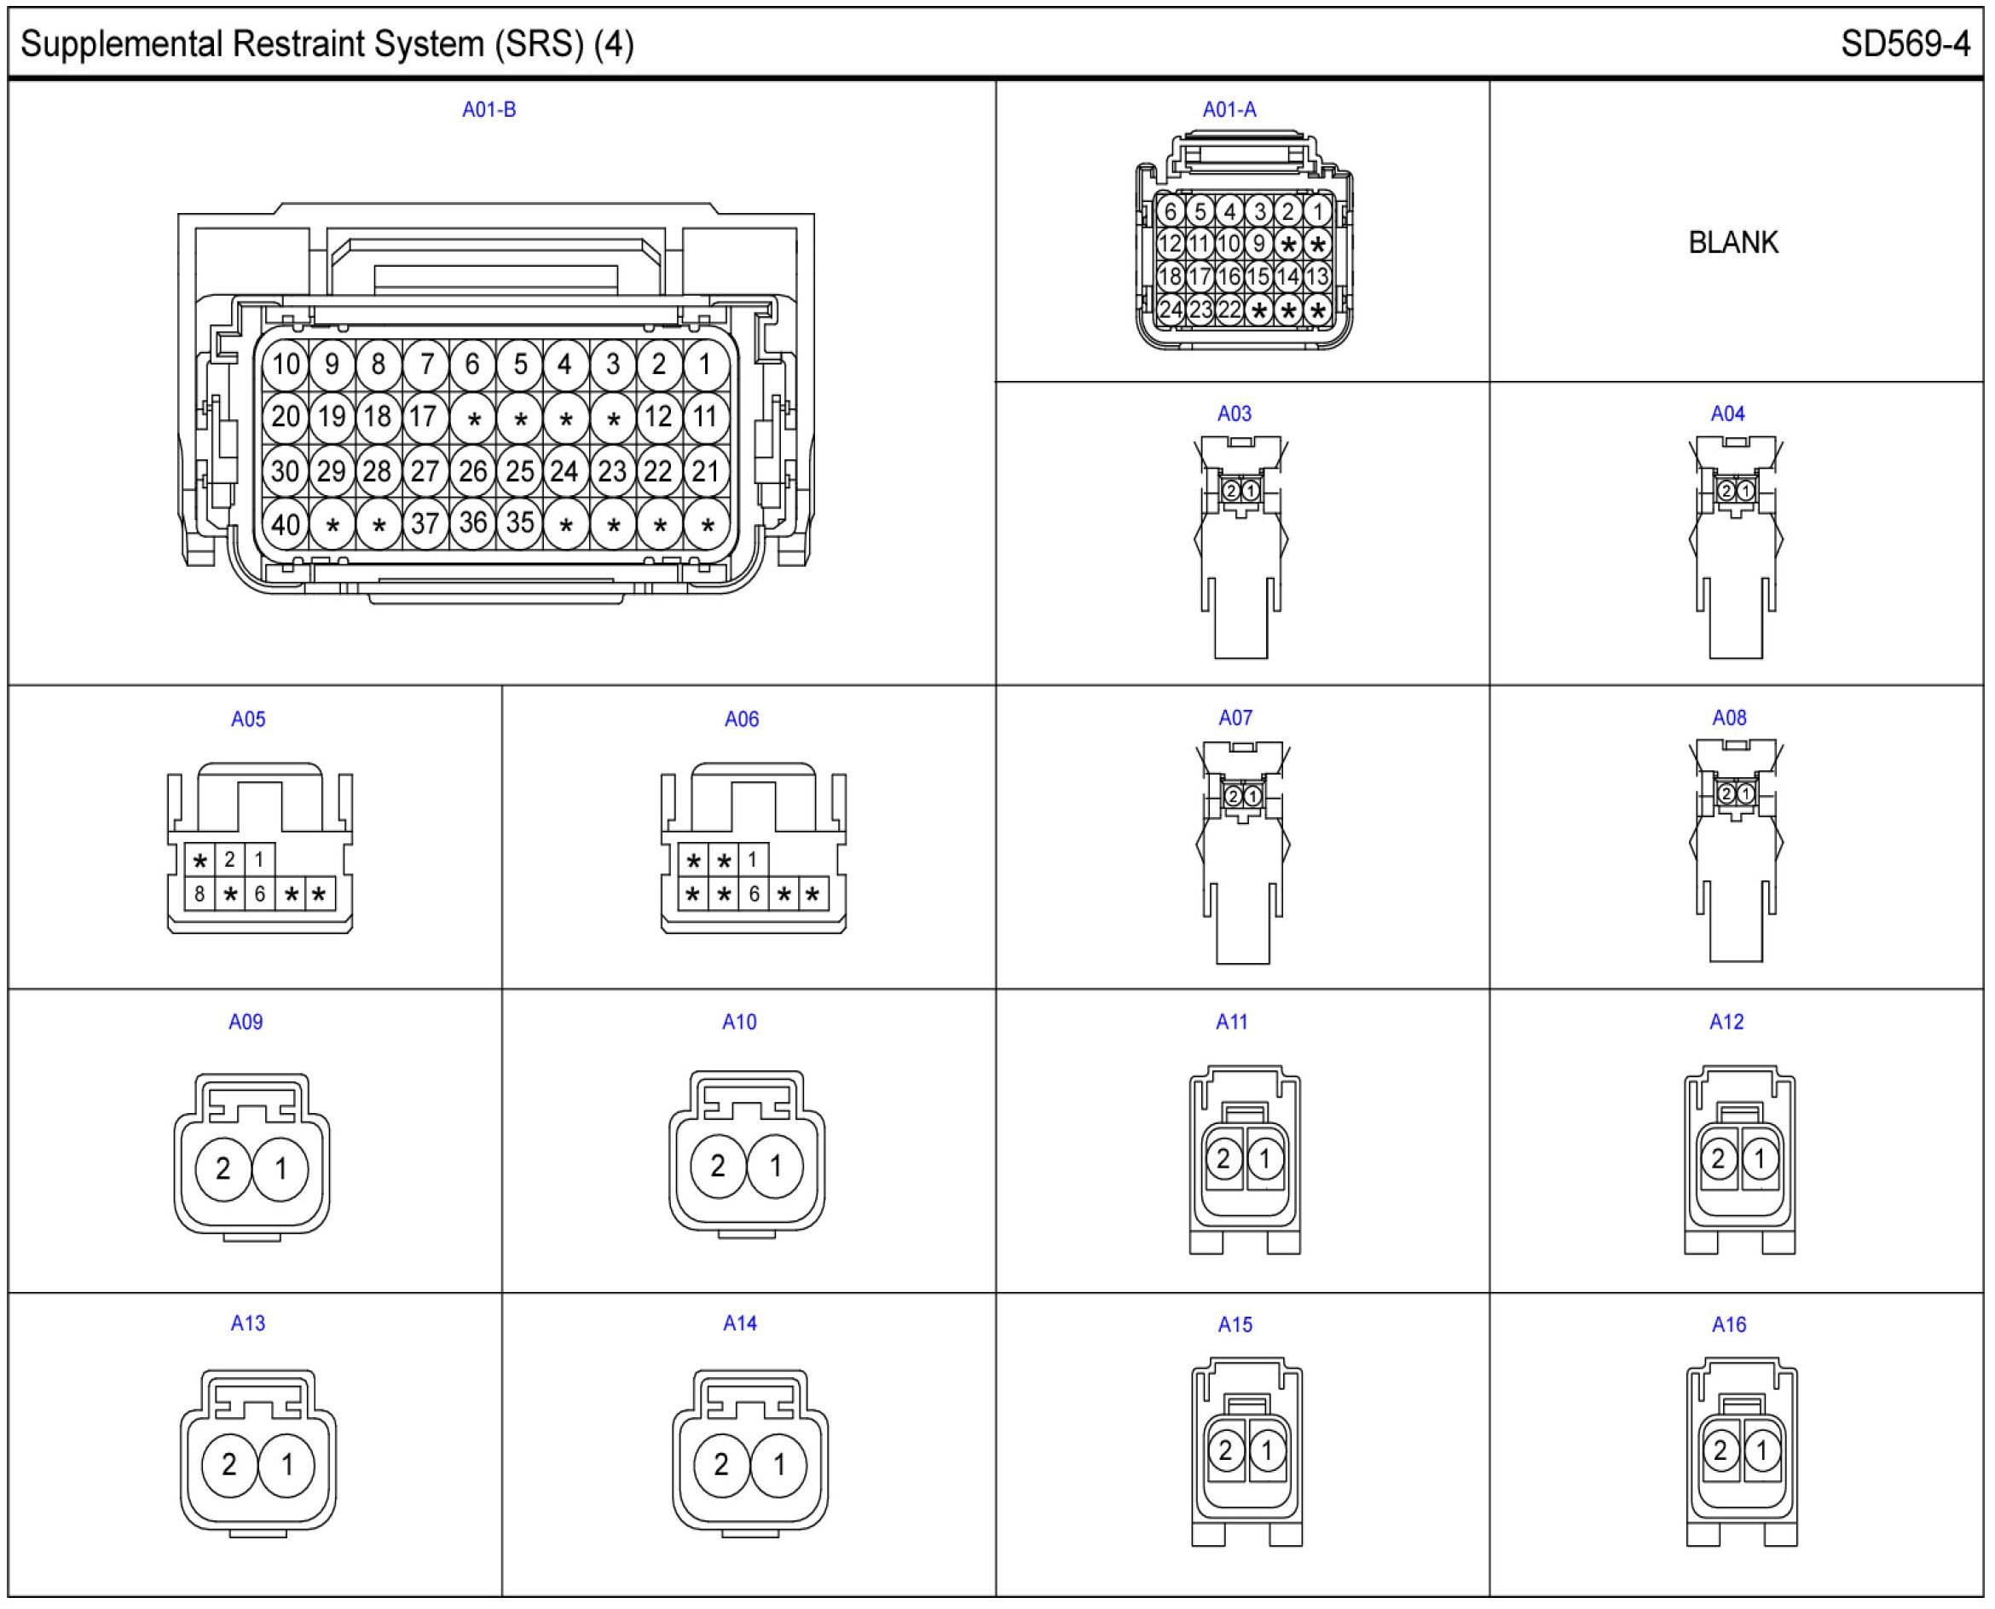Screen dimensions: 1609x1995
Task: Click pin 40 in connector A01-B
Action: [x=286, y=526]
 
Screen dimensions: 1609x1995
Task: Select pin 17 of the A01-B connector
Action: [x=424, y=417]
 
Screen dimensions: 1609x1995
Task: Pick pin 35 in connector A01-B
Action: [x=519, y=523]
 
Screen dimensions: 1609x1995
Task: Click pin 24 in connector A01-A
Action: [x=1170, y=309]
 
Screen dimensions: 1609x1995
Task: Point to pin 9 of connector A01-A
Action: [x=1258, y=244]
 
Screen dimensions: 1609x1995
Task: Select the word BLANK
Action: [x=1732, y=243]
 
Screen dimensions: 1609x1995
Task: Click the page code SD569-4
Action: [x=1905, y=44]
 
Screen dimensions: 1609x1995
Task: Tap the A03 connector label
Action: [x=1234, y=413]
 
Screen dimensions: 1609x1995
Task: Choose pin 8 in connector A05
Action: [x=199, y=894]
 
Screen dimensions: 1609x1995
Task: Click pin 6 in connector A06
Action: [x=754, y=894]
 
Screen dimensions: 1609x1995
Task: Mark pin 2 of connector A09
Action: [x=223, y=1168]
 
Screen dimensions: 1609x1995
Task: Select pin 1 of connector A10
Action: [x=775, y=1165]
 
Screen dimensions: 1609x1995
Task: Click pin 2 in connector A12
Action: [x=1718, y=1158]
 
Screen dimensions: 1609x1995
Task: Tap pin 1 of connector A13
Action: [x=287, y=1464]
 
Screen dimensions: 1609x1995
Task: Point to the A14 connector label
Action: [x=740, y=1324]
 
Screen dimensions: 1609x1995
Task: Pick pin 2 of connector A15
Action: [x=1225, y=1450]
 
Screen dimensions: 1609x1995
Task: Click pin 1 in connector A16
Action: [x=1762, y=1450]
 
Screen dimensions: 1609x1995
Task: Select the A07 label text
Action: [x=1235, y=718]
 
